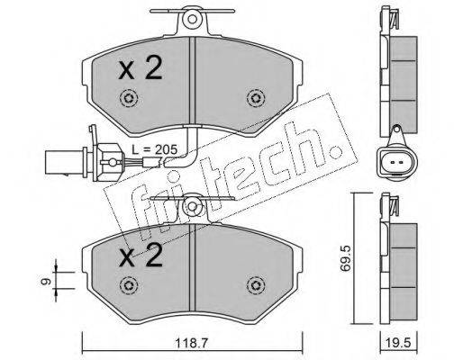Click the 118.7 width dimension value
[192, 343]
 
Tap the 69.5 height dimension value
[345, 258]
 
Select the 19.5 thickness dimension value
[399, 343]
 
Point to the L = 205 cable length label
[155, 149]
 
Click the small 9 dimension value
[45, 281]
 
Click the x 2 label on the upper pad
[141, 68]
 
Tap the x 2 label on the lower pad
[141, 256]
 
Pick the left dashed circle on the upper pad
[129, 98]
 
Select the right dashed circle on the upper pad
[256, 98]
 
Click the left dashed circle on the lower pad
[129, 285]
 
